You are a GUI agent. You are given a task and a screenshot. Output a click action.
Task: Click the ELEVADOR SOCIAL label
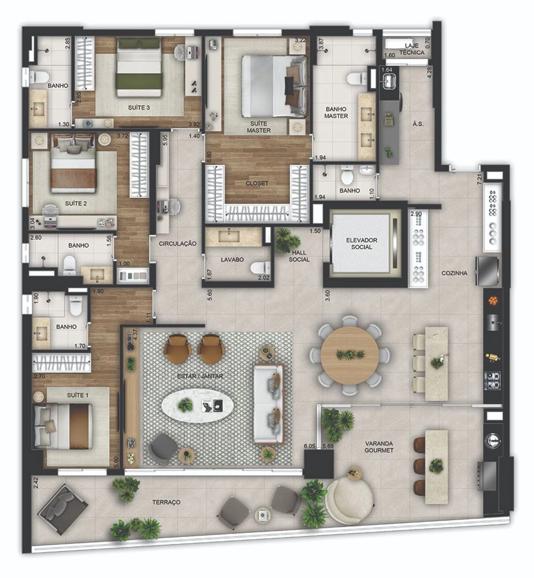(361, 244)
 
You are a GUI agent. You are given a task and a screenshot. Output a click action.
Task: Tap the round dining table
(349, 355)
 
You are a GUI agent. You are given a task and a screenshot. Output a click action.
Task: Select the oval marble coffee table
(197, 406)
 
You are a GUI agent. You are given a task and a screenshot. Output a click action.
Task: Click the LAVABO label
(232, 260)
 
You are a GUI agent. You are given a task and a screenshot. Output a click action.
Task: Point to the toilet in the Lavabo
(260, 268)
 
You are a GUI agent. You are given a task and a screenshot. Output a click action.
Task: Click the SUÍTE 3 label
(139, 108)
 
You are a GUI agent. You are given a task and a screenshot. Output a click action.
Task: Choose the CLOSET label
(257, 183)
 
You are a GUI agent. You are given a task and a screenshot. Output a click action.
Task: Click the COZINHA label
(454, 273)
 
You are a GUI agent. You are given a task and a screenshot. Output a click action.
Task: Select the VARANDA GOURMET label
(379, 447)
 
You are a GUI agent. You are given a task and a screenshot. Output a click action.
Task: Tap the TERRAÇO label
(167, 502)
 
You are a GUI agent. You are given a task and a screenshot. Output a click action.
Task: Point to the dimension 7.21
(480, 179)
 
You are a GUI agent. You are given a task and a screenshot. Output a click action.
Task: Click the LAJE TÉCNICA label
(412, 49)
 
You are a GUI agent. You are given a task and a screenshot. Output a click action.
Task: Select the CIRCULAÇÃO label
(178, 244)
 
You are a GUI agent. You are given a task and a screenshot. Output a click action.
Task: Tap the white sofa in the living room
(268, 403)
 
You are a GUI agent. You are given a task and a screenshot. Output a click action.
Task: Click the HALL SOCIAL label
(299, 256)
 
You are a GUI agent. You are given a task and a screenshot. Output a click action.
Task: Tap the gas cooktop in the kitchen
(493, 381)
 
